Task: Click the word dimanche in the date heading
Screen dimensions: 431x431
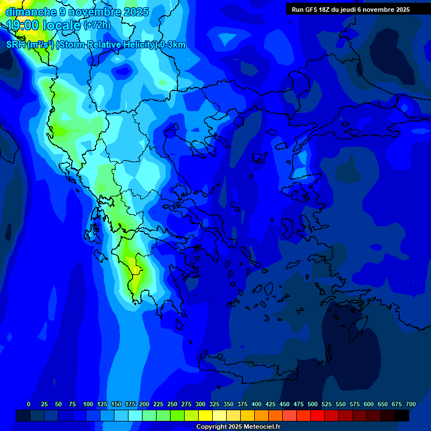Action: [x=31, y=11]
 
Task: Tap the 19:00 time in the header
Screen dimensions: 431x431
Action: [x=23, y=25]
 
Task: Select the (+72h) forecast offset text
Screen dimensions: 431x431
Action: [x=97, y=25]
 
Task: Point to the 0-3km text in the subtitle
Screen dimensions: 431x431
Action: [x=172, y=45]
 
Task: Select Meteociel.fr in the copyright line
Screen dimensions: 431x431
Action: [x=262, y=427]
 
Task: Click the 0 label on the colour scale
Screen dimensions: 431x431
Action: [x=29, y=404]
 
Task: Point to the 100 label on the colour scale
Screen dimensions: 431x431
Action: [x=88, y=404]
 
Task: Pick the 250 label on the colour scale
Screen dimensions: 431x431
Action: [x=172, y=404]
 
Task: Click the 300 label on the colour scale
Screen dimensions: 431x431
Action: [x=200, y=404]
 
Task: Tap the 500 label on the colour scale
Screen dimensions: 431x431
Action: [x=313, y=404]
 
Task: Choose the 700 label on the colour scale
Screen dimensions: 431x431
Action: [x=411, y=404]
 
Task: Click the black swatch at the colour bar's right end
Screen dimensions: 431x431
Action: [x=402, y=415]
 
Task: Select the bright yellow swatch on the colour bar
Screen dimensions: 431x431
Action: [x=205, y=415]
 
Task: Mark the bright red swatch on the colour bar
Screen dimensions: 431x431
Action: [x=318, y=415]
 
